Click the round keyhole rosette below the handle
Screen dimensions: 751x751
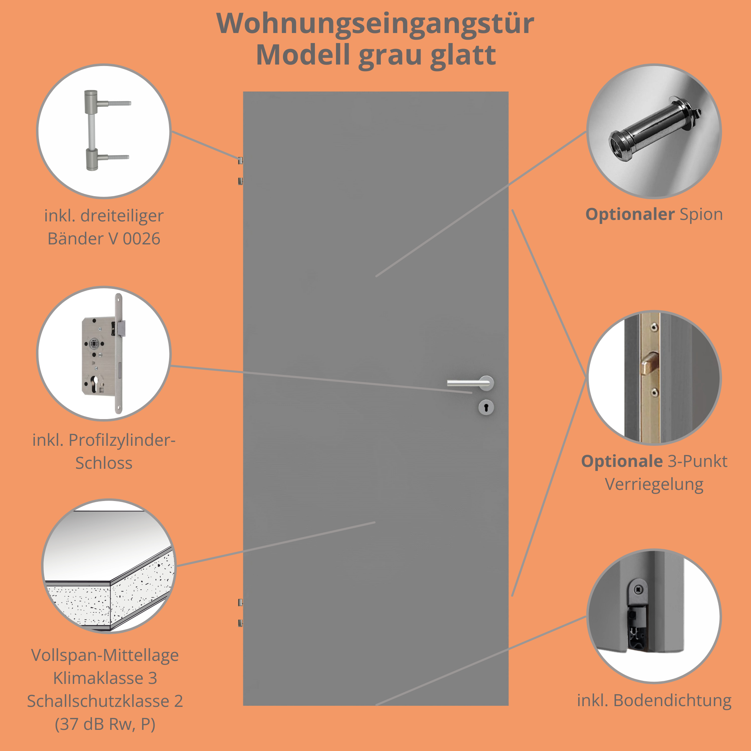tap(486, 407)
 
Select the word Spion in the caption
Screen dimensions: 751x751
tap(701, 215)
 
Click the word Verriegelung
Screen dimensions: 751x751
tap(654, 485)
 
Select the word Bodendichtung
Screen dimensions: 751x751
tap(672, 701)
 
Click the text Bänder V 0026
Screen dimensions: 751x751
tap(104, 239)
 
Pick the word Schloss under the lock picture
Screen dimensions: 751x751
tap(104, 463)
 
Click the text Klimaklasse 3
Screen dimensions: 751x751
tap(105, 678)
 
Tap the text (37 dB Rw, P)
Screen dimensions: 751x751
tap(105, 724)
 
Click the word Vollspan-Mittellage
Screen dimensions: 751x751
tap(105, 655)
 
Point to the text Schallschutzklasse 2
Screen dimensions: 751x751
tap(105, 701)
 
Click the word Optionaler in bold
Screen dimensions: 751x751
tap(630, 215)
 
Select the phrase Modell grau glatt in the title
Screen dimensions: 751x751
tap(376, 55)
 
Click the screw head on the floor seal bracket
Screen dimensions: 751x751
tap(638, 590)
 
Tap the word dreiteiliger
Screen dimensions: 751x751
tap(122, 216)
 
